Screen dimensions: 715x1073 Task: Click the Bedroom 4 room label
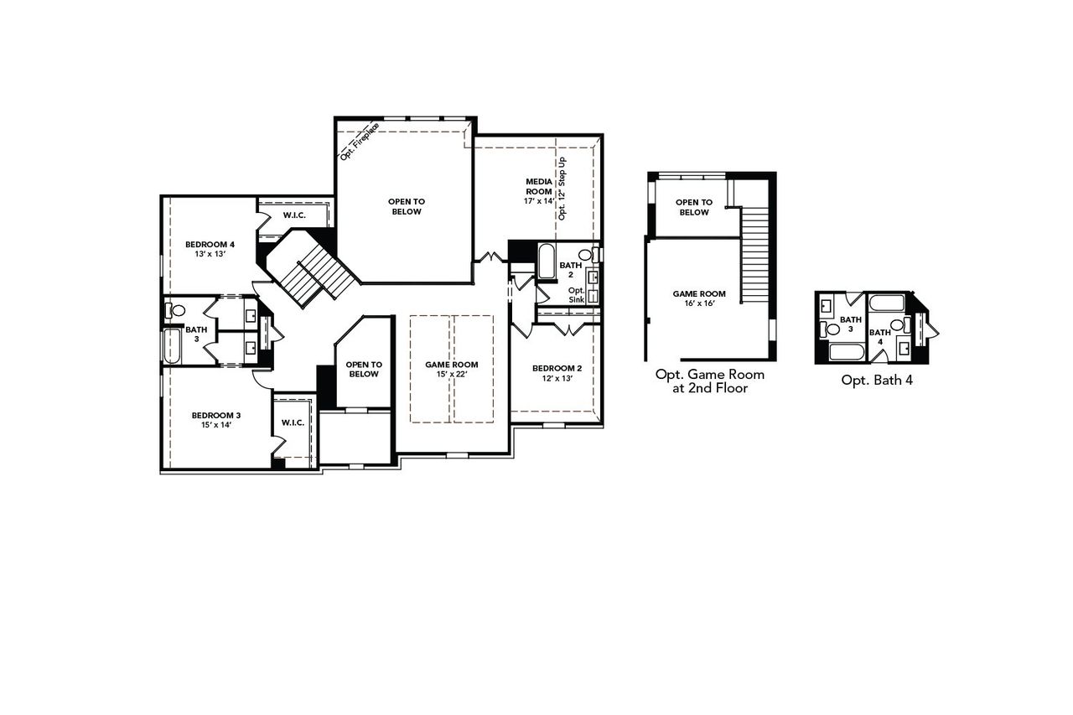click(210, 245)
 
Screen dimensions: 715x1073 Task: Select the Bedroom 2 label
click(557, 368)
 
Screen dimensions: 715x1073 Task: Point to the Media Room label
click(539, 186)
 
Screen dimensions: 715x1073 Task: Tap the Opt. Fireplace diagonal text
click(360, 141)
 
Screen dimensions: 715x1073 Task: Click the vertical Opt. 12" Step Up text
click(562, 188)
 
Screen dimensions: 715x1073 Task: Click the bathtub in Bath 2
click(547, 261)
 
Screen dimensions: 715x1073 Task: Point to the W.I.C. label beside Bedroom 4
click(293, 215)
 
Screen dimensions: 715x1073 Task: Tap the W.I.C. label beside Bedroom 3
click(293, 422)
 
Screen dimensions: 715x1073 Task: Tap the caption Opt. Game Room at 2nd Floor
click(709, 381)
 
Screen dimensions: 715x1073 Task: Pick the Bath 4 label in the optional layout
click(879, 337)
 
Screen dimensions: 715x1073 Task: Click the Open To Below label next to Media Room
click(405, 206)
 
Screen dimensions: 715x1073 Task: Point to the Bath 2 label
click(571, 269)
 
